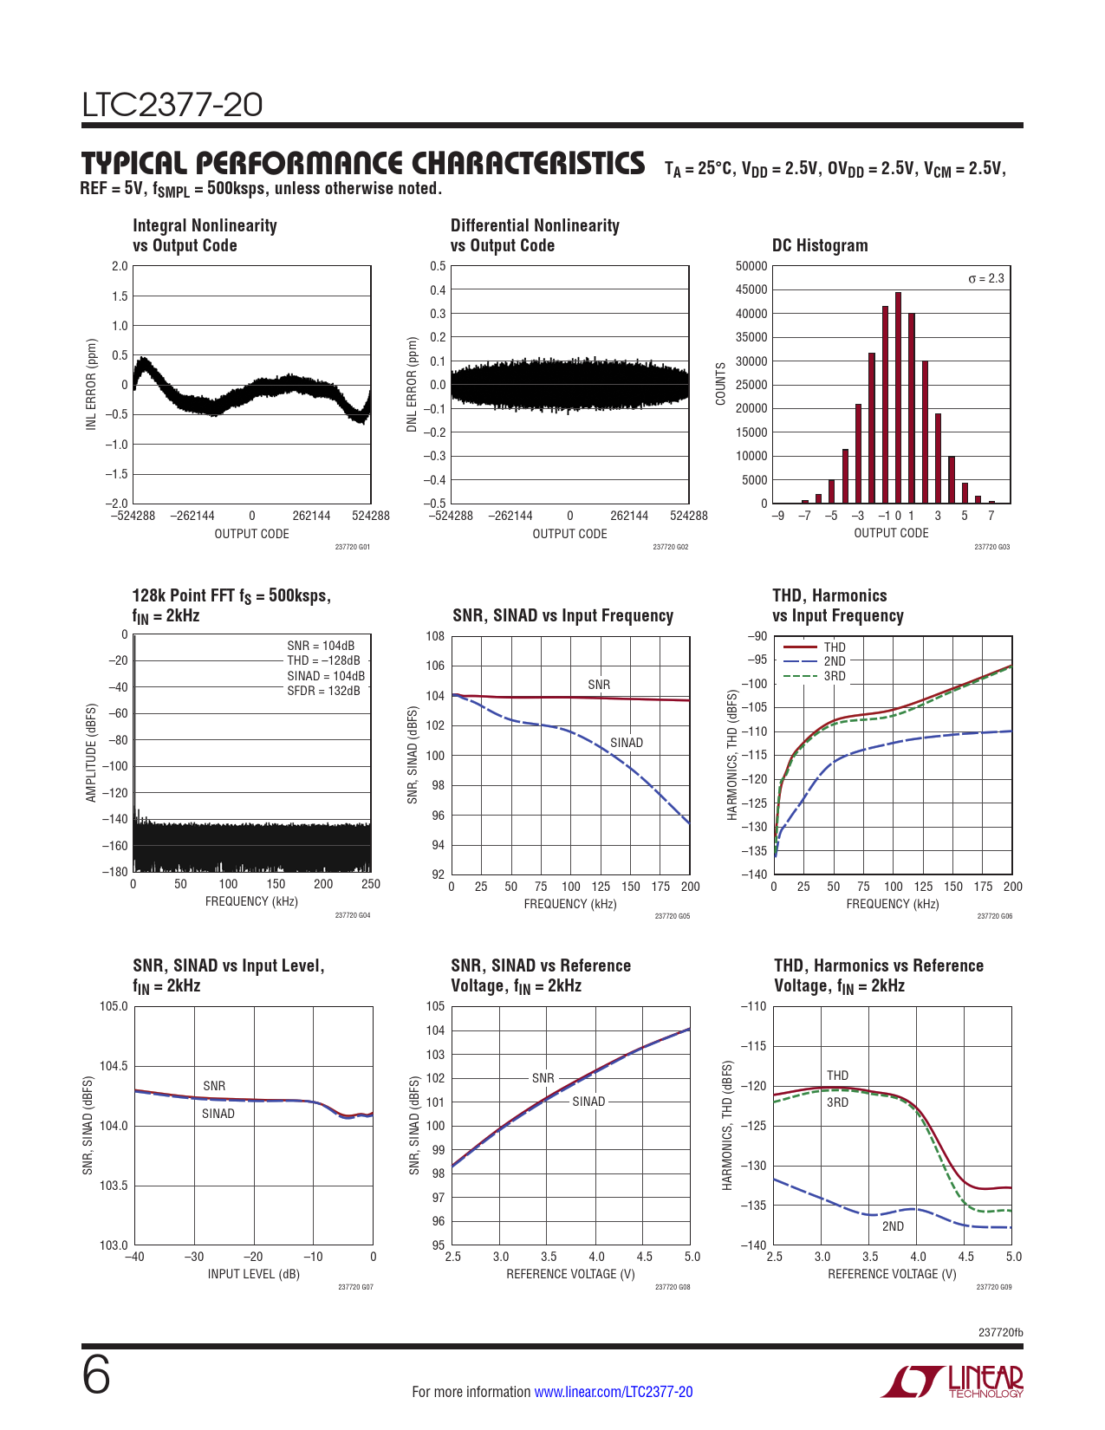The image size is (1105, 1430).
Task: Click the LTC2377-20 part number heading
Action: point(172,105)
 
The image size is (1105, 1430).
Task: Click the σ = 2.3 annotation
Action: point(985,278)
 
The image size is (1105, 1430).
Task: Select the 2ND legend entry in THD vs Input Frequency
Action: point(834,661)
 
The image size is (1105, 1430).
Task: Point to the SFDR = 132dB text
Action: point(323,691)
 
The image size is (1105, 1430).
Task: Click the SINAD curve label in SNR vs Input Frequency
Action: point(626,743)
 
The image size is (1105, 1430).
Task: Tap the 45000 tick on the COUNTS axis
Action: point(751,289)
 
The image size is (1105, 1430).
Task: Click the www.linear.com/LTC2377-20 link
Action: point(613,1392)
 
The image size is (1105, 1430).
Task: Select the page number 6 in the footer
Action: point(96,1375)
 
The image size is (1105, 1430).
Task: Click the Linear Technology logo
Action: point(952,1381)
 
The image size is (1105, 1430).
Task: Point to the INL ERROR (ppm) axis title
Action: point(91,384)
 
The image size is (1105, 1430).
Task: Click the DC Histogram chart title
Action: point(820,245)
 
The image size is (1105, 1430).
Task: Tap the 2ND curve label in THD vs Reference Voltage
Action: point(893,1226)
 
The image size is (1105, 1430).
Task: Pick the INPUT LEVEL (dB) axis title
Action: point(253,1274)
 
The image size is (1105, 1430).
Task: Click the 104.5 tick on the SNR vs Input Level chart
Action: point(114,1066)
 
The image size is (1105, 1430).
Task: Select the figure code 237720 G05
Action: point(672,916)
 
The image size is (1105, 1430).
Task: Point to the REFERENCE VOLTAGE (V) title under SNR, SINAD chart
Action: point(570,1274)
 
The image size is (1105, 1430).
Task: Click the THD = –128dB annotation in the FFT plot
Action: point(323,660)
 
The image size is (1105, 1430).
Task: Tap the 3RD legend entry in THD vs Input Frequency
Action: point(834,676)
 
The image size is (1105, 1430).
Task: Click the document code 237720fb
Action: point(1000,1332)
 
